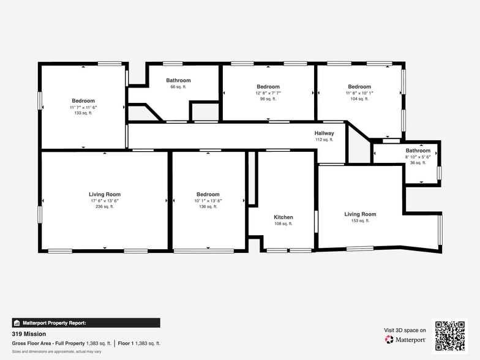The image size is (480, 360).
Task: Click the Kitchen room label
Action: [283, 217]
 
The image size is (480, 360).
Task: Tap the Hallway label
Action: [324, 133]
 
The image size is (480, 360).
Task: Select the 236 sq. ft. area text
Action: [105, 207]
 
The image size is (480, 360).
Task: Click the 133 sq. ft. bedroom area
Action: [83, 113]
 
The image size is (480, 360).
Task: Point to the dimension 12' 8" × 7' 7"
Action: [268, 93]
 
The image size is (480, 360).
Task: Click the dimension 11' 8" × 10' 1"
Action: [359, 93]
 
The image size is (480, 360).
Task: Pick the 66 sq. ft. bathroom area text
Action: [179, 87]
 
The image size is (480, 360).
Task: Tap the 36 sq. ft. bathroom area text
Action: [418, 163]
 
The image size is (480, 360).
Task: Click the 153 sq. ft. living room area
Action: [360, 220]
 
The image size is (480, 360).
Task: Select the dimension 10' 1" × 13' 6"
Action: [208, 201]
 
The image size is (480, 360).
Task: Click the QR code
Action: [450, 336]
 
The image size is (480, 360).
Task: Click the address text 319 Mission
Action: [29, 334]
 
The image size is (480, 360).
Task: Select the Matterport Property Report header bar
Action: [86, 323]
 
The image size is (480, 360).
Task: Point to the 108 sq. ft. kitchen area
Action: [283, 224]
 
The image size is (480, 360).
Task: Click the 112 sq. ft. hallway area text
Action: [324, 140]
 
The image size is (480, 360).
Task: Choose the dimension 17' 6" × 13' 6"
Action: [105, 201]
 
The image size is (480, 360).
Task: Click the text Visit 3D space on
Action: [405, 331]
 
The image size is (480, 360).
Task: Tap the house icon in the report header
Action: [17, 323]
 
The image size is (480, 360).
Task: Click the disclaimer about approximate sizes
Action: [56, 351]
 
